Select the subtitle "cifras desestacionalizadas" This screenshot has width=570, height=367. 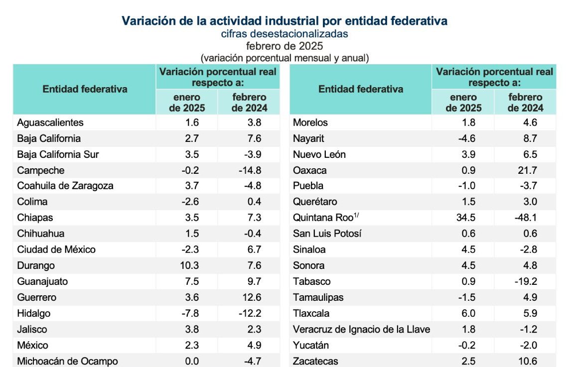click(285, 34)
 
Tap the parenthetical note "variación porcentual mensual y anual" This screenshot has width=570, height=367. click(285, 58)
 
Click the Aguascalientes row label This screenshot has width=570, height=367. click(50, 122)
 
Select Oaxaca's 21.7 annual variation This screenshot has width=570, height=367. click(527, 170)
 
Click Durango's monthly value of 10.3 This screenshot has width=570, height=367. click(189, 265)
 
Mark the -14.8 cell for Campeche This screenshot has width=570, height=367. click(250, 170)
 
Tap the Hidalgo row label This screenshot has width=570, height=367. click(34, 313)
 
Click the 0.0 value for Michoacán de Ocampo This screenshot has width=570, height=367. click(191, 361)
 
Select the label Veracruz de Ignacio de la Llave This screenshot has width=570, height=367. click(361, 329)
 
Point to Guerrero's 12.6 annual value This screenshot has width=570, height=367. click(252, 297)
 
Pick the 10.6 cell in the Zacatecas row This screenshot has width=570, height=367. click(527, 361)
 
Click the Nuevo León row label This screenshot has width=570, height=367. click(319, 154)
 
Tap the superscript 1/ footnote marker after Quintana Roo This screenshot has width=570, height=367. click(357, 215)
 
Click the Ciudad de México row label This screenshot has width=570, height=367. click(56, 249)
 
